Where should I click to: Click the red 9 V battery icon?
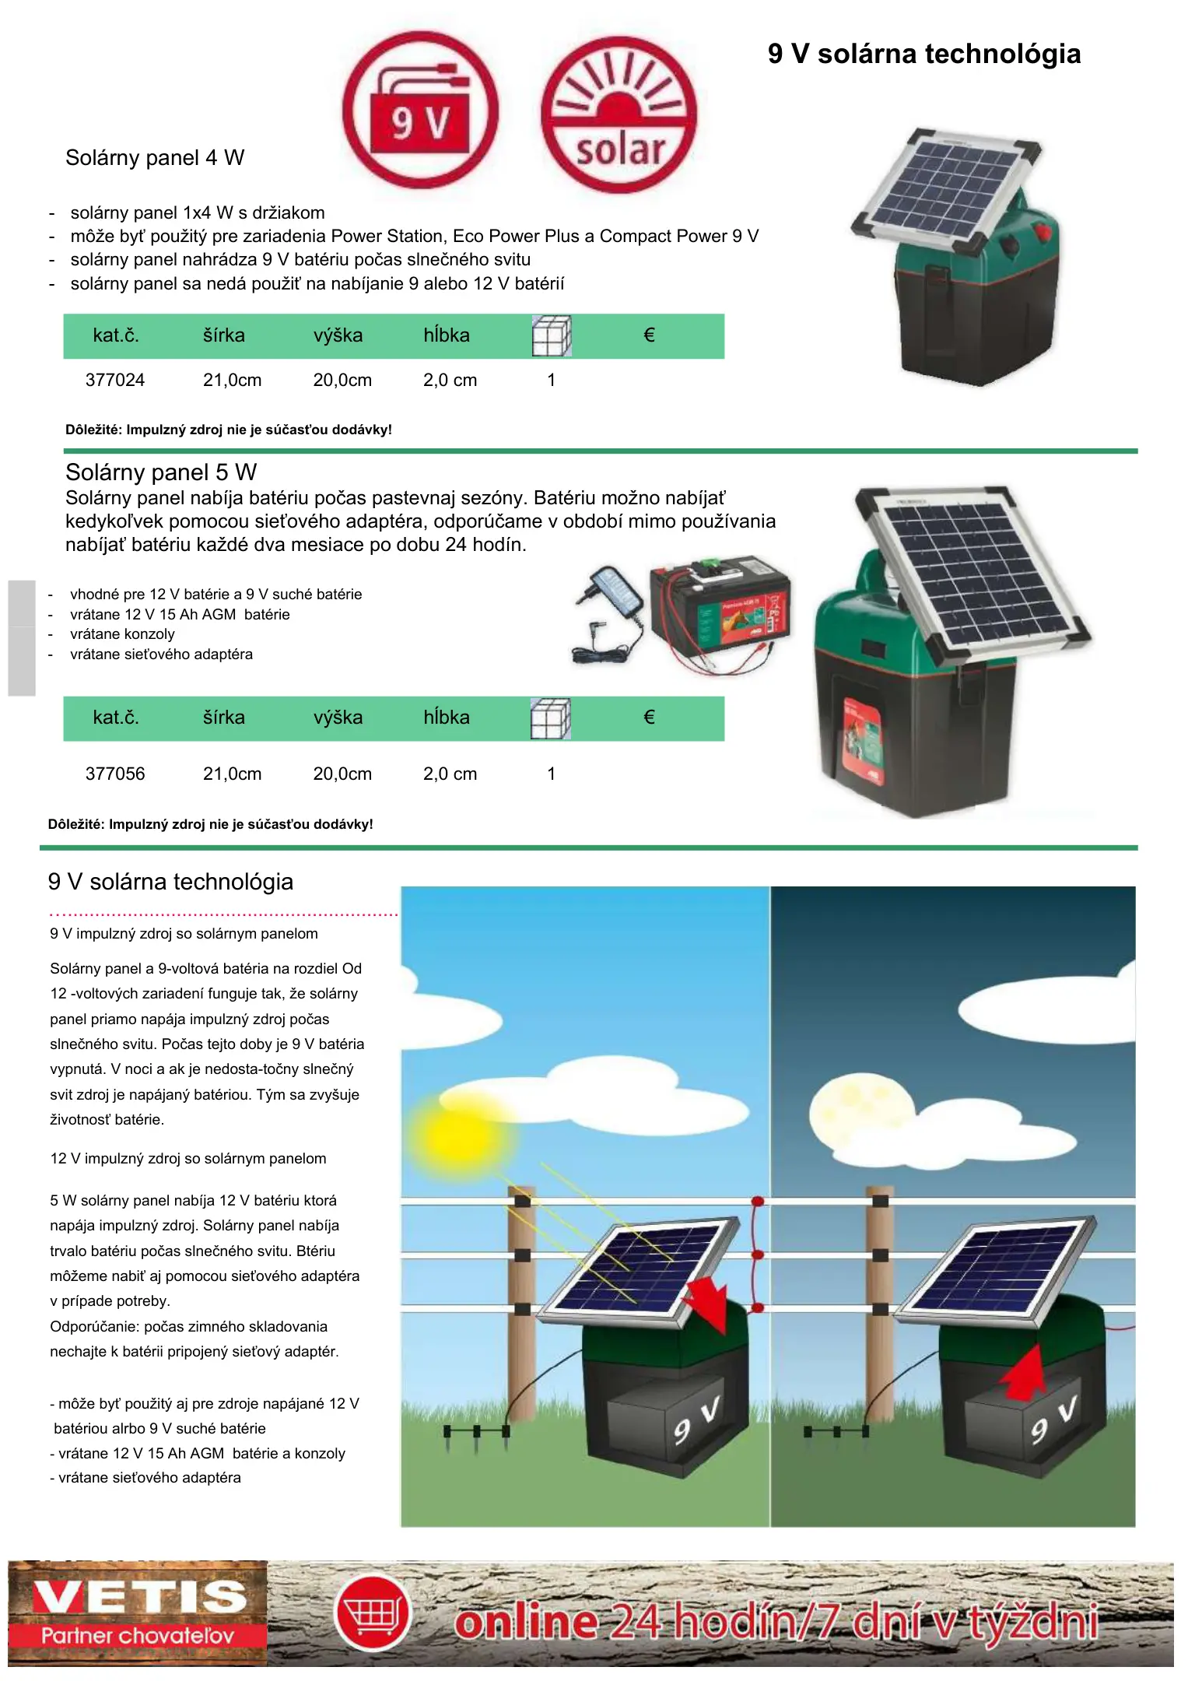pyautogui.click(x=420, y=110)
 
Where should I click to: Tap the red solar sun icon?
pyautogui.click(x=619, y=114)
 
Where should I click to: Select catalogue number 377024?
pyautogui.click(x=115, y=381)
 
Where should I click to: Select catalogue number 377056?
pyautogui.click(x=115, y=774)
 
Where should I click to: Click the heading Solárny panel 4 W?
pyautogui.click(x=155, y=158)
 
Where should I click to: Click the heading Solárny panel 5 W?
pyautogui.click(x=161, y=472)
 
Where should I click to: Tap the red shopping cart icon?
pyautogui.click(x=373, y=1613)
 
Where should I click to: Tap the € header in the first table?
pyautogui.click(x=649, y=335)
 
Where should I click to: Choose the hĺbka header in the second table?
pyautogui.click(x=447, y=718)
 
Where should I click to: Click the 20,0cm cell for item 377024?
pyautogui.click(x=342, y=381)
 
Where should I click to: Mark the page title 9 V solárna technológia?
pyautogui.click(x=924, y=54)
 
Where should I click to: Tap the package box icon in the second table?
pyautogui.click(x=551, y=718)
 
